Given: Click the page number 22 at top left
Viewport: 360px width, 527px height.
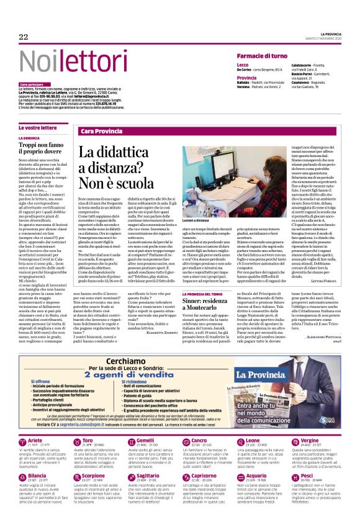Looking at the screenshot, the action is (24, 37).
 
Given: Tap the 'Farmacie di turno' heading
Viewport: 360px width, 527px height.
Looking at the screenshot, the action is (261, 56).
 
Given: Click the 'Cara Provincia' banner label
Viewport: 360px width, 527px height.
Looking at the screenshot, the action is (101, 132).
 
